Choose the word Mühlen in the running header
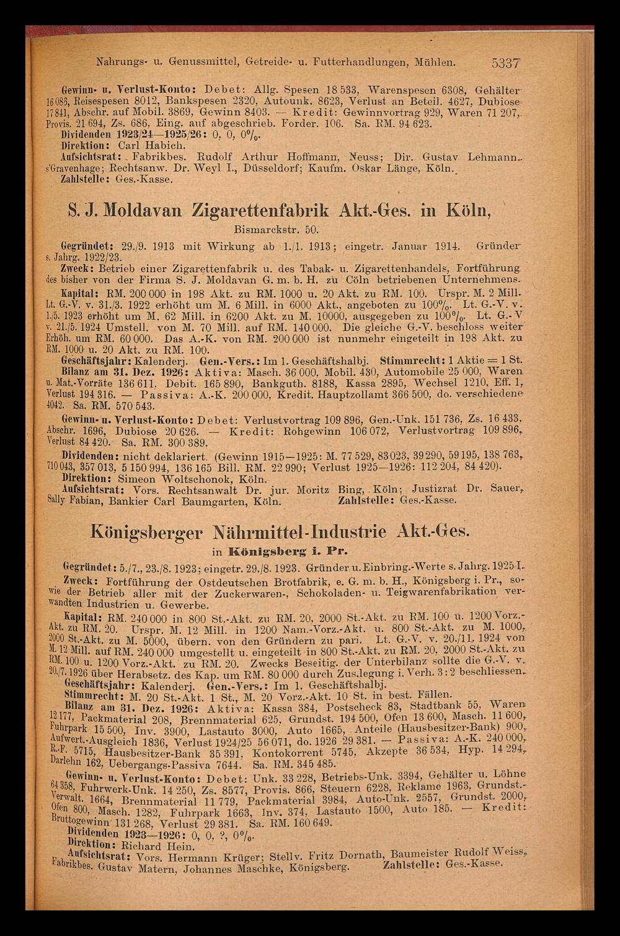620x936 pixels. [436, 62]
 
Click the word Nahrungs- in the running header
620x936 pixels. [120, 62]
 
